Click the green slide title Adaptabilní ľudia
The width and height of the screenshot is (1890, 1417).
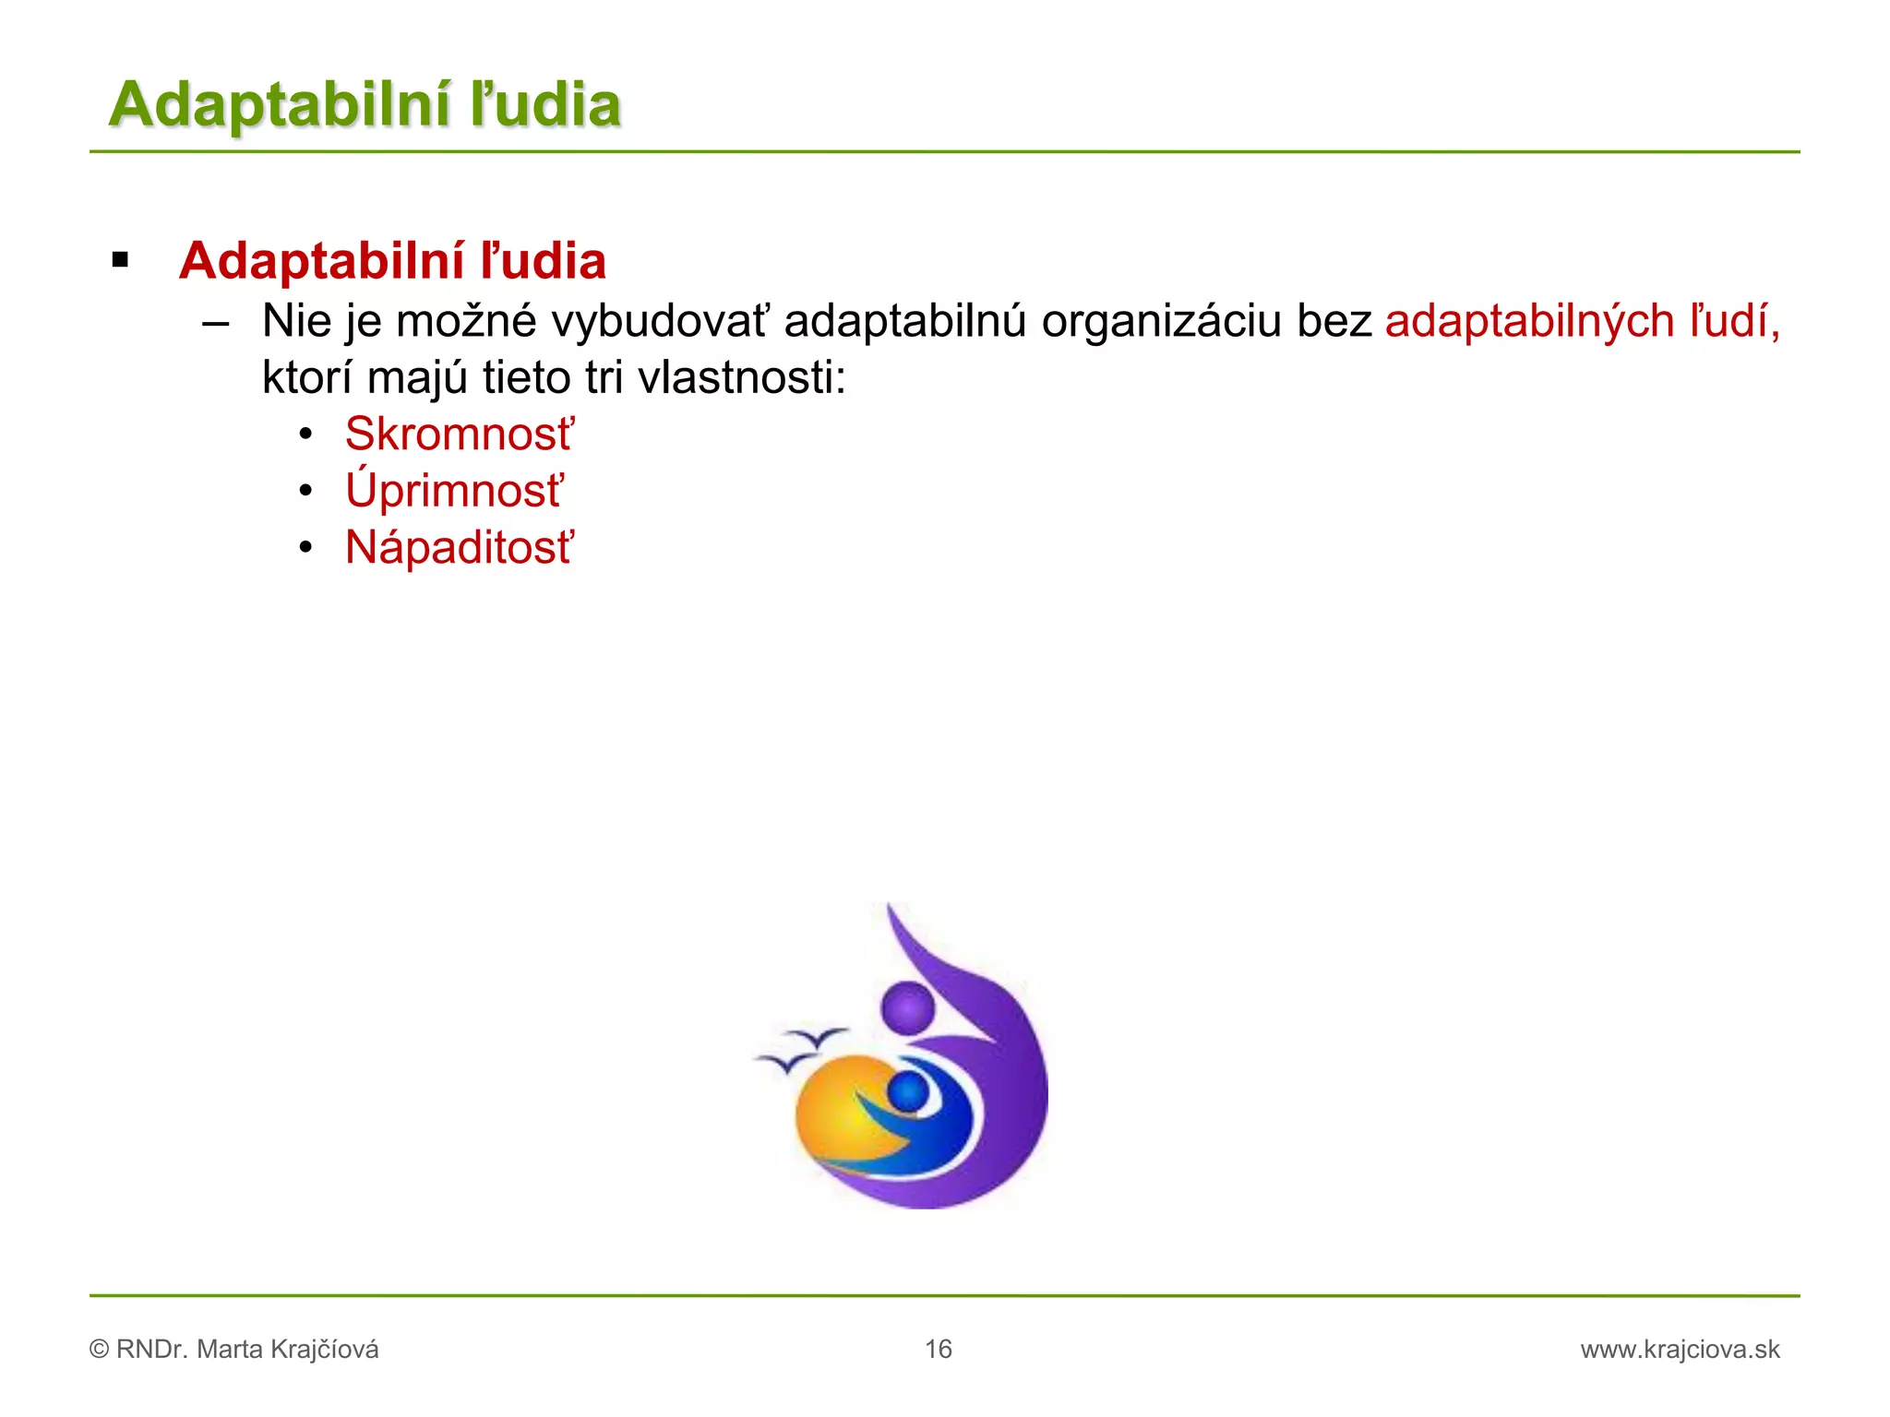pyautogui.click(x=365, y=104)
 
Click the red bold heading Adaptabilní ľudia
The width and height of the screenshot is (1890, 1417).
pyautogui.click(x=392, y=261)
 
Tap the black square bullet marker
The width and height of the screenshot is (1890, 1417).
pyautogui.click(x=120, y=261)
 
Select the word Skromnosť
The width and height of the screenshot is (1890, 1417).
pyautogui.click(x=459, y=434)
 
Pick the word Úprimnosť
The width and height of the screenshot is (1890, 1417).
pyautogui.click(x=453, y=490)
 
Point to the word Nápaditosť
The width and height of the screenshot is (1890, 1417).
pyautogui.click(x=459, y=547)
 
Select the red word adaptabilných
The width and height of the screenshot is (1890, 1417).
pyautogui.click(x=1529, y=322)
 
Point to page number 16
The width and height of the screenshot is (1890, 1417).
pyautogui.click(x=938, y=1349)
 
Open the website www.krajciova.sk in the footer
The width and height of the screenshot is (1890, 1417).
pyautogui.click(x=1680, y=1349)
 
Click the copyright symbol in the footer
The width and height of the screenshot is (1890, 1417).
pyautogui.click(x=99, y=1350)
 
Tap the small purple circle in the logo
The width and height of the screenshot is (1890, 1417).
pyautogui.click(x=908, y=1006)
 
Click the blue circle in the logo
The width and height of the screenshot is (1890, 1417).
pyautogui.click(x=909, y=1092)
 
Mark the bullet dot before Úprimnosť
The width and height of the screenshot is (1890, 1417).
pyautogui.click(x=306, y=491)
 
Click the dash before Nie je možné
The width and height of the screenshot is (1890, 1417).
pyautogui.click(x=215, y=323)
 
